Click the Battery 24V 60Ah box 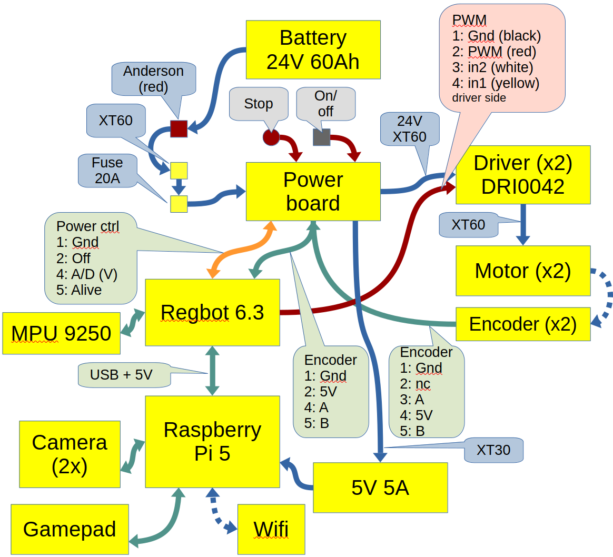click(313, 50)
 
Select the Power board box click(313, 191)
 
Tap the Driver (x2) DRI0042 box click(522, 175)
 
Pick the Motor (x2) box click(522, 271)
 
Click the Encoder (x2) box click(522, 324)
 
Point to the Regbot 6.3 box click(212, 312)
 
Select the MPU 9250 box click(61, 333)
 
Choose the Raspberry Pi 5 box click(212, 441)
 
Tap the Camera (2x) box click(70, 454)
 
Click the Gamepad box click(70, 529)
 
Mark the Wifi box click(271, 529)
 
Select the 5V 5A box click(380, 488)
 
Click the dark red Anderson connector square click(179, 128)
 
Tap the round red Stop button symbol click(271, 137)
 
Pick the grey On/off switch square click(321, 137)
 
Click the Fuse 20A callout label click(107, 171)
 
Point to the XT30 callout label click(493, 450)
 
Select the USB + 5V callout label click(121, 375)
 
